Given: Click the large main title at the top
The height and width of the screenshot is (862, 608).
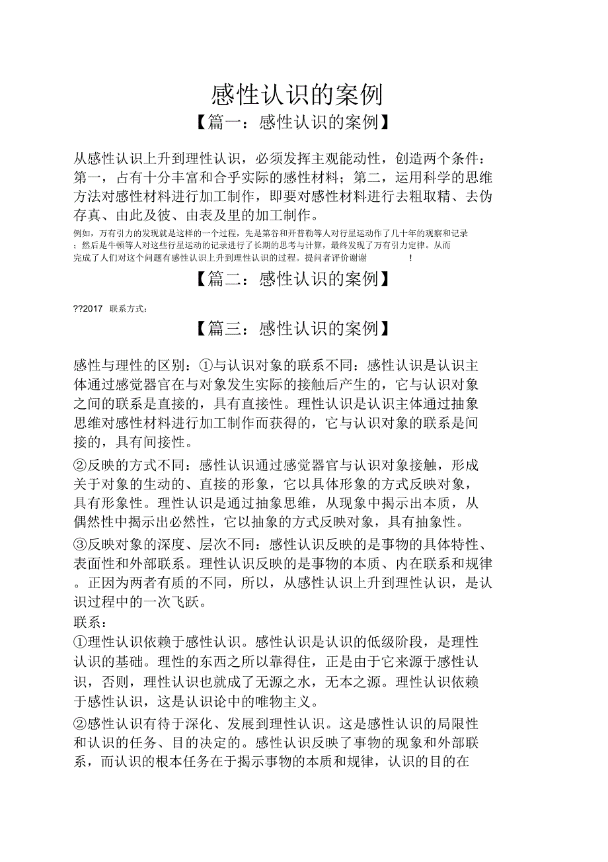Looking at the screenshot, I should click(297, 95).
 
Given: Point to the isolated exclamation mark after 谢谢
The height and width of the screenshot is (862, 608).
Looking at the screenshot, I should click(410, 258).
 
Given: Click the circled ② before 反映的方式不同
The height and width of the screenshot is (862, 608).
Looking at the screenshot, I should click(81, 465).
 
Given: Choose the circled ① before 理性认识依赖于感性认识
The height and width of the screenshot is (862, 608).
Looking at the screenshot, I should click(81, 642).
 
